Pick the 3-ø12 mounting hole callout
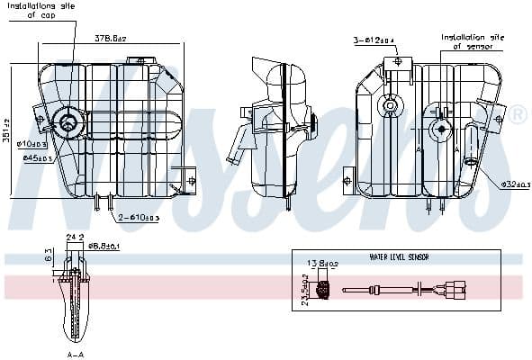[373, 40]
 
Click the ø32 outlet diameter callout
[515, 184]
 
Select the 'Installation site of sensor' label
[471, 41]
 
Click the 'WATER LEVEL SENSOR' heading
[399, 256]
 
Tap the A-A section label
[76, 355]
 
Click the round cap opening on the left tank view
[68, 121]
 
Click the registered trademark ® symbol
[518, 116]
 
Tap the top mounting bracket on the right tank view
[397, 63]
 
